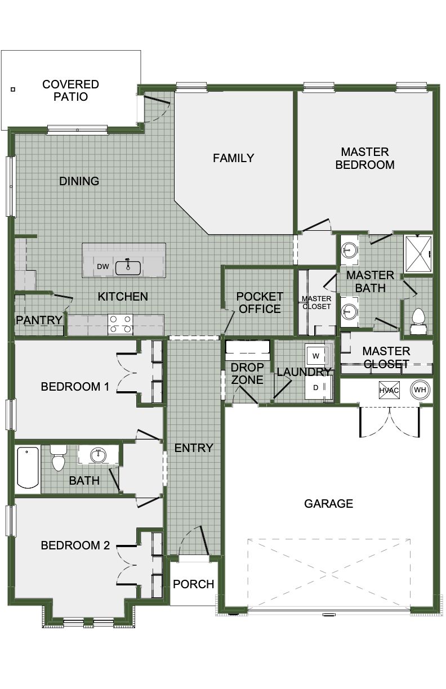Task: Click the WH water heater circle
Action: pos(420,390)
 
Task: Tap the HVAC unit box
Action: pos(389,390)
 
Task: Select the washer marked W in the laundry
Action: pos(315,356)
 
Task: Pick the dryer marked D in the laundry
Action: pos(315,387)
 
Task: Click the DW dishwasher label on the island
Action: pos(103,267)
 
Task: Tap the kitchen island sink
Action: pos(128,267)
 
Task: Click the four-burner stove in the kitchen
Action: pos(120,324)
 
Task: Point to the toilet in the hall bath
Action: pos(58,458)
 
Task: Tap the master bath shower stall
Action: pos(418,254)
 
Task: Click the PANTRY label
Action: pos(39,320)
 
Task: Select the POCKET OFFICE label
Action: pos(260,303)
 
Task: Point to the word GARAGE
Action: pos(328,504)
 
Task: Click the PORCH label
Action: pos(193,584)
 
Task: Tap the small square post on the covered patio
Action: pos(13,90)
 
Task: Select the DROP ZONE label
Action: pos(247,373)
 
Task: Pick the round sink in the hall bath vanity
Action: pos(98,455)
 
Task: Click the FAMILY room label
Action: pos(233,158)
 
